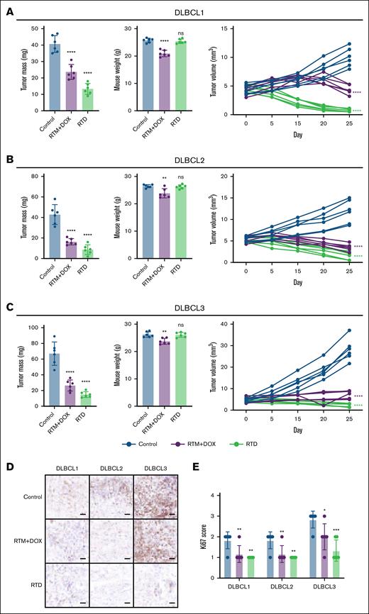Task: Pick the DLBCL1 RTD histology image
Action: pyautogui.click(x=67, y=585)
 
